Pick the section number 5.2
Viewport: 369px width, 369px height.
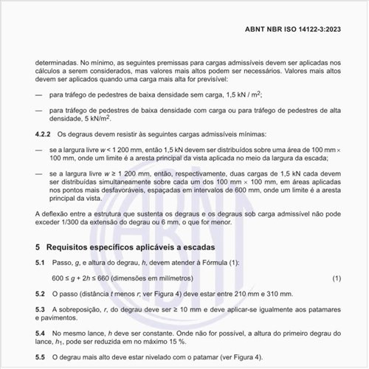[41, 293]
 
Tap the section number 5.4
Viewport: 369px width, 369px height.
[41, 333]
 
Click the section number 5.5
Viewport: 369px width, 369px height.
[41, 356]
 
